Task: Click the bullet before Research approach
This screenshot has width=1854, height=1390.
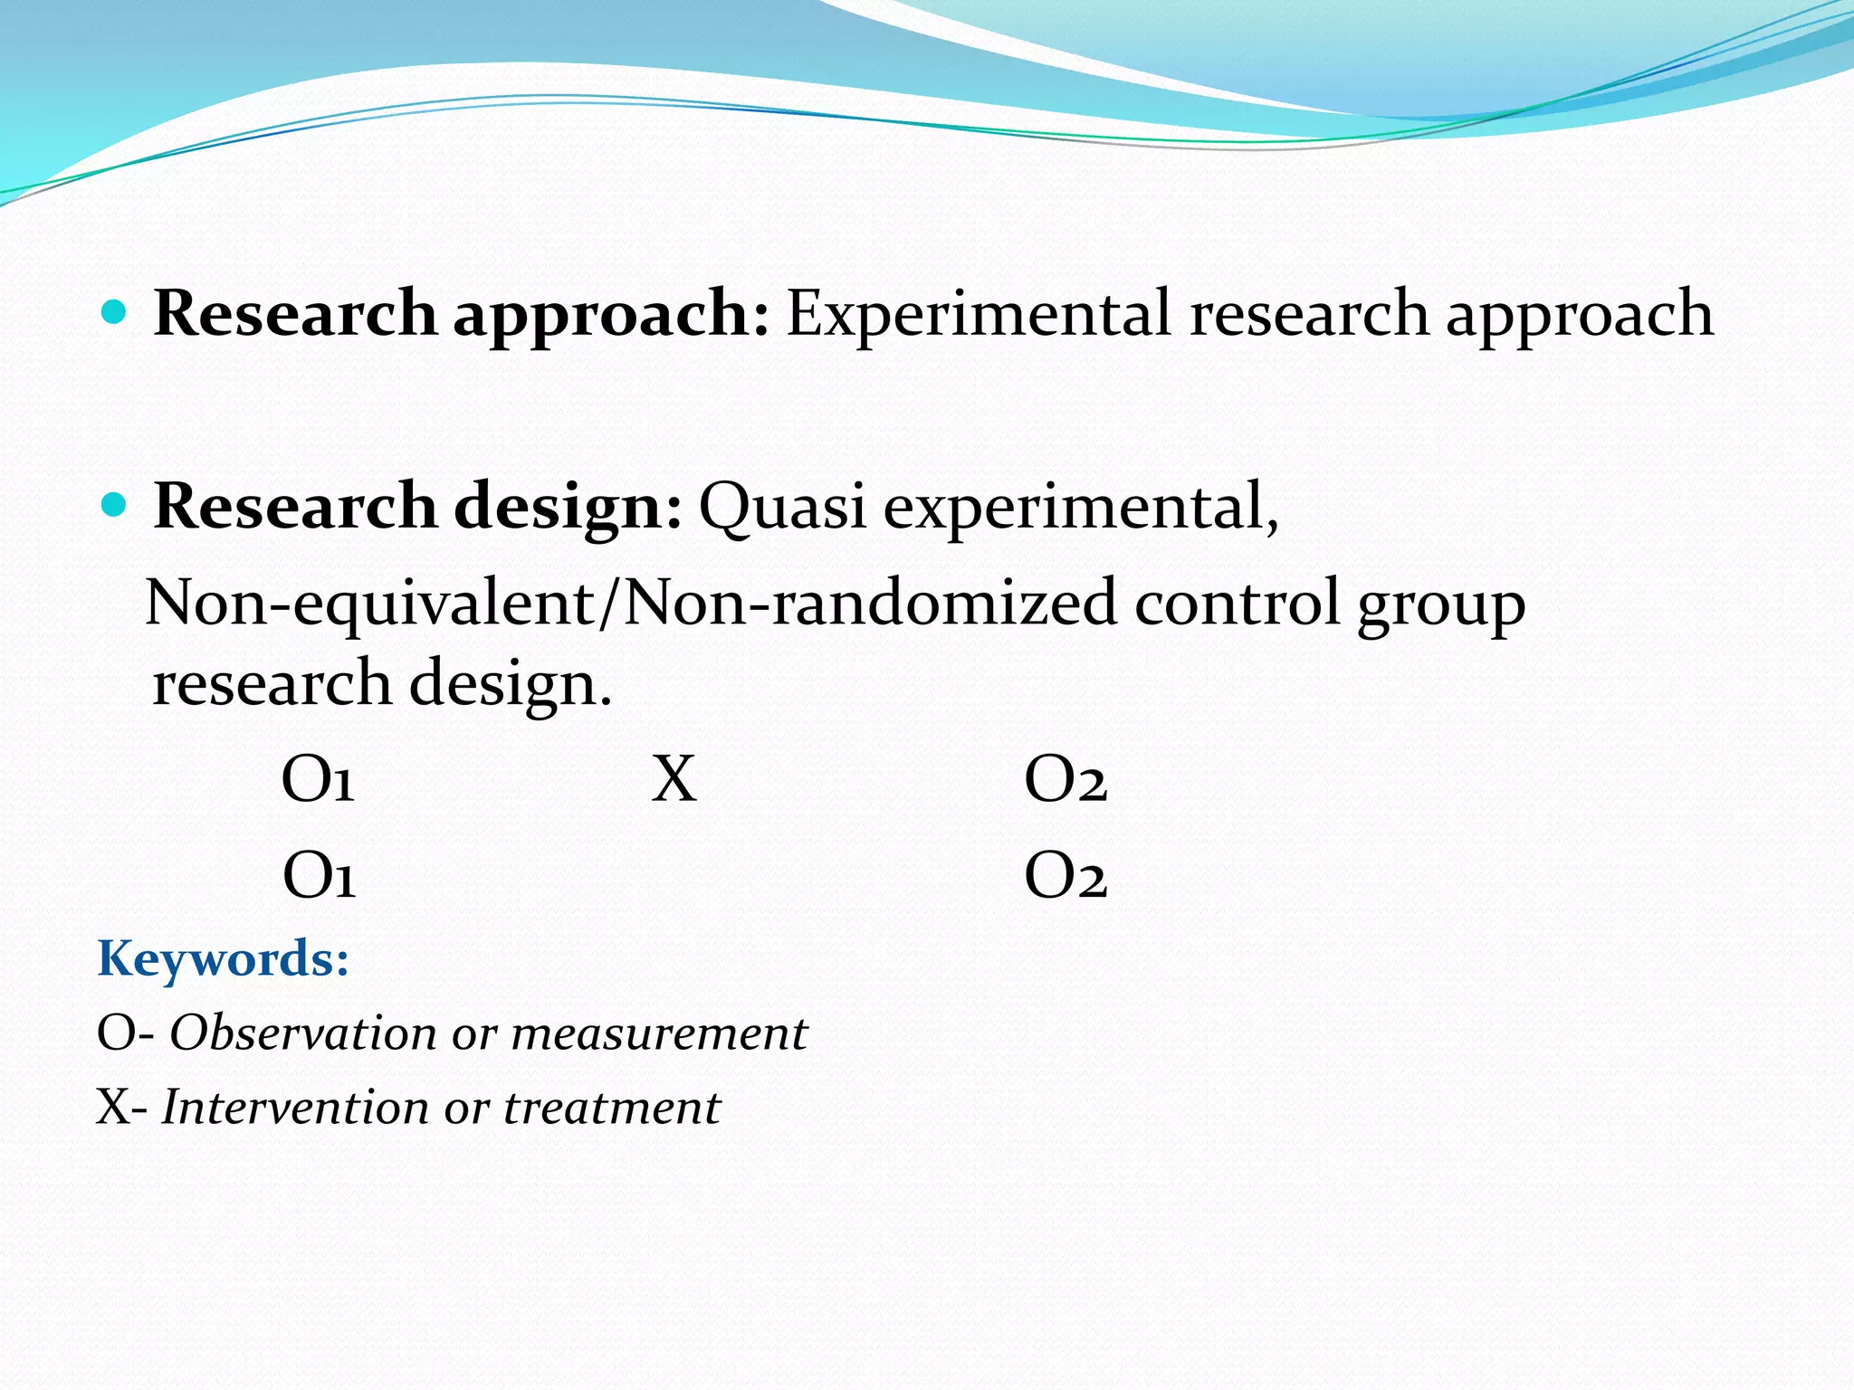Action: click(114, 313)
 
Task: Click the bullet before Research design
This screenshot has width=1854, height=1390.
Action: click(114, 505)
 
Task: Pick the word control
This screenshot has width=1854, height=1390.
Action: click(1237, 603)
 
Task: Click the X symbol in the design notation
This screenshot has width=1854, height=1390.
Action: click(674, 779)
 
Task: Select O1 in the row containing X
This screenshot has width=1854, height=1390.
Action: click(318, 779)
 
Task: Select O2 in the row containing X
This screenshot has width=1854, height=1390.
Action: click(1066, 779)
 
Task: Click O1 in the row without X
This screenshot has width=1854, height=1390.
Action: click(320, 876)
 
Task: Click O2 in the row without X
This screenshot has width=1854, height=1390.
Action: click(1066, 876)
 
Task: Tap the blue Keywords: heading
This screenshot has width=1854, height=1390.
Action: click(223, 959)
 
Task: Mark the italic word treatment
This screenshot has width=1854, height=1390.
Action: click(612, 1107)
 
